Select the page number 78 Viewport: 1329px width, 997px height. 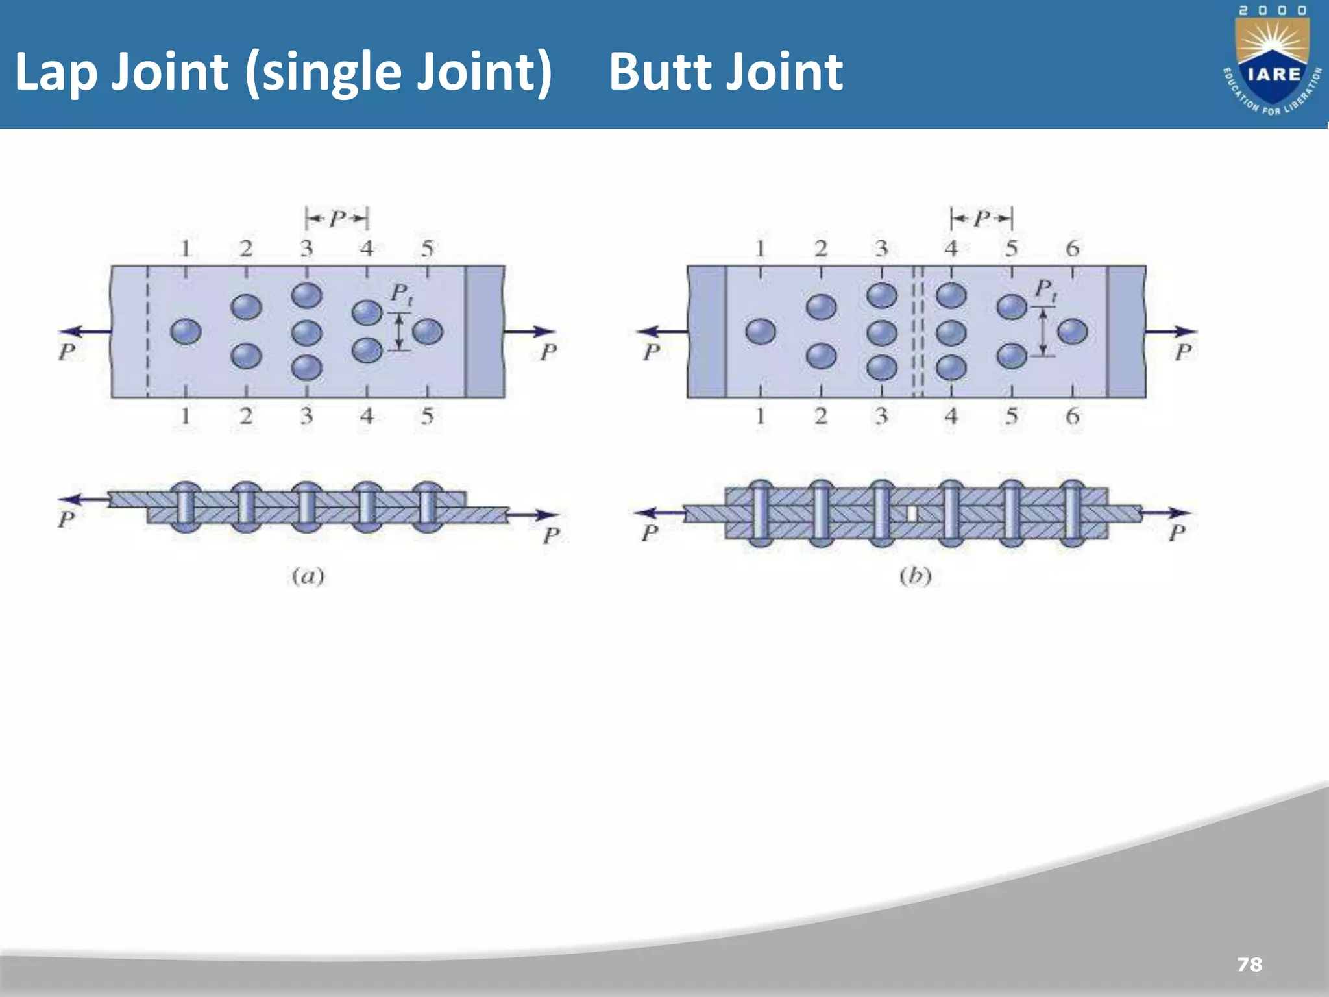1249,965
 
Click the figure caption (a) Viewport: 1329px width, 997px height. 308,576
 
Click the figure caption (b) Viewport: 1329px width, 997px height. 915,576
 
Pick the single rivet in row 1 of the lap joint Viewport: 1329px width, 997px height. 186,332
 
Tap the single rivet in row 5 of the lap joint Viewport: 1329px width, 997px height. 427,332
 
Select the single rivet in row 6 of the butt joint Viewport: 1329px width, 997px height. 1072,332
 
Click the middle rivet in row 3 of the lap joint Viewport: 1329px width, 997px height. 306,332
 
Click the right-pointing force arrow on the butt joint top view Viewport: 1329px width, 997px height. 1171,332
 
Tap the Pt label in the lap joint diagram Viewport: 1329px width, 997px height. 401,294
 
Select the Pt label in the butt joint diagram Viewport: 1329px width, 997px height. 1045,290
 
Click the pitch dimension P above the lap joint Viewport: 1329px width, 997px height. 337,219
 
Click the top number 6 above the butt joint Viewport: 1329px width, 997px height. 1072,249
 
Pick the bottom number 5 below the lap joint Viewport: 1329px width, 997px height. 427,415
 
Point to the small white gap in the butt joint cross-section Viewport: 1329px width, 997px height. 912,513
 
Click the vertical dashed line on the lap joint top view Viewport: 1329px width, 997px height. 147,332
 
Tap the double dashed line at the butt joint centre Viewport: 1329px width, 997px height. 917,332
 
